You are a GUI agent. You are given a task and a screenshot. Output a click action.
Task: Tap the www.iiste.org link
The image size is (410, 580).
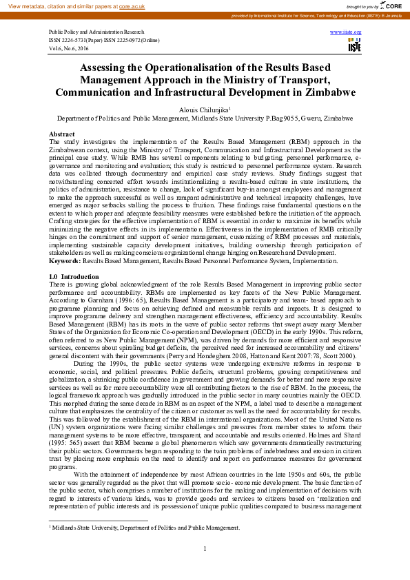tap(346, 32)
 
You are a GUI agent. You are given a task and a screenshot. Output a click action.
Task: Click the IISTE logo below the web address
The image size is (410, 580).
tap(354, 46)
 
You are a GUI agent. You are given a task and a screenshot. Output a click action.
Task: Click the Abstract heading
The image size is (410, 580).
tap(62, 134)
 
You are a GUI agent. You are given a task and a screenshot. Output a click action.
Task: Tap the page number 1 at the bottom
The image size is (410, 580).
tap(205, 548)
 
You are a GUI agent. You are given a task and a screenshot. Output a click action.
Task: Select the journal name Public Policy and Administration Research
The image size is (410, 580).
tap(96, 32)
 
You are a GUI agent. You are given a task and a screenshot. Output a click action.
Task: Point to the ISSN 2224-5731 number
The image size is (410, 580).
tap(72, 41)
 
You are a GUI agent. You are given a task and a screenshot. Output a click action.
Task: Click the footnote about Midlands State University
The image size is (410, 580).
tap(145, 528)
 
